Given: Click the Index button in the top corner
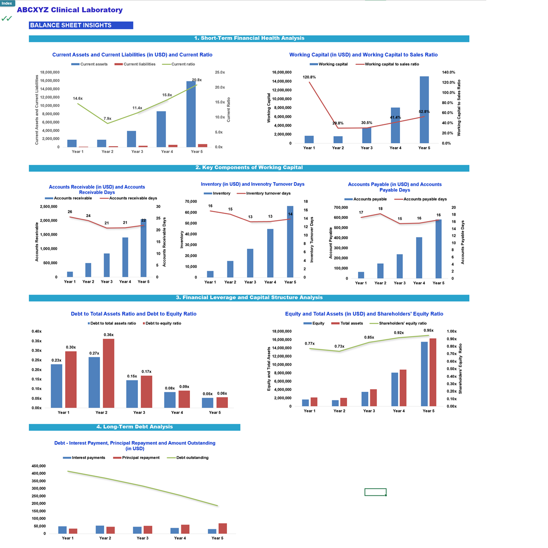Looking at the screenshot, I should click(x=7, y=3).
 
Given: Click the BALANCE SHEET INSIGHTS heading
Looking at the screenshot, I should click(x=71, y=26).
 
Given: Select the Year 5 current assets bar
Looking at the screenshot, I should click(x=191, y=114).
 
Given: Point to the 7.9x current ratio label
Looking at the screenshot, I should click(x=107, y=119).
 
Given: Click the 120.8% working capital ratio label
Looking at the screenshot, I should click(x=309, y=77).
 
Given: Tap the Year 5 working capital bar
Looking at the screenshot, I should click(x=424, y=110).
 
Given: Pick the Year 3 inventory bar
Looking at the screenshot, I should click(x=250, y=263).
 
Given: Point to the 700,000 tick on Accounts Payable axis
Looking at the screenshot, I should click(x=341, y=207).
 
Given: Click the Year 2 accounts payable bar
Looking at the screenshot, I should click(x=380, y=271).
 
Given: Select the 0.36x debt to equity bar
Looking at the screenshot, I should click(x=109, y=373).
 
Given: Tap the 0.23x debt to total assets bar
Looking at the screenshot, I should click(x=57, y=386).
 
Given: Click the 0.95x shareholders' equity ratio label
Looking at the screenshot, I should click(x=428, y=330).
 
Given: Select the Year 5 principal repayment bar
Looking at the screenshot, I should click(x=223, y=528).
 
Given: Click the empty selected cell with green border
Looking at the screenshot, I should click(x=375, y=492).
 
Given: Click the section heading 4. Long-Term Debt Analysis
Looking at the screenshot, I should click(x=135, y=427).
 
